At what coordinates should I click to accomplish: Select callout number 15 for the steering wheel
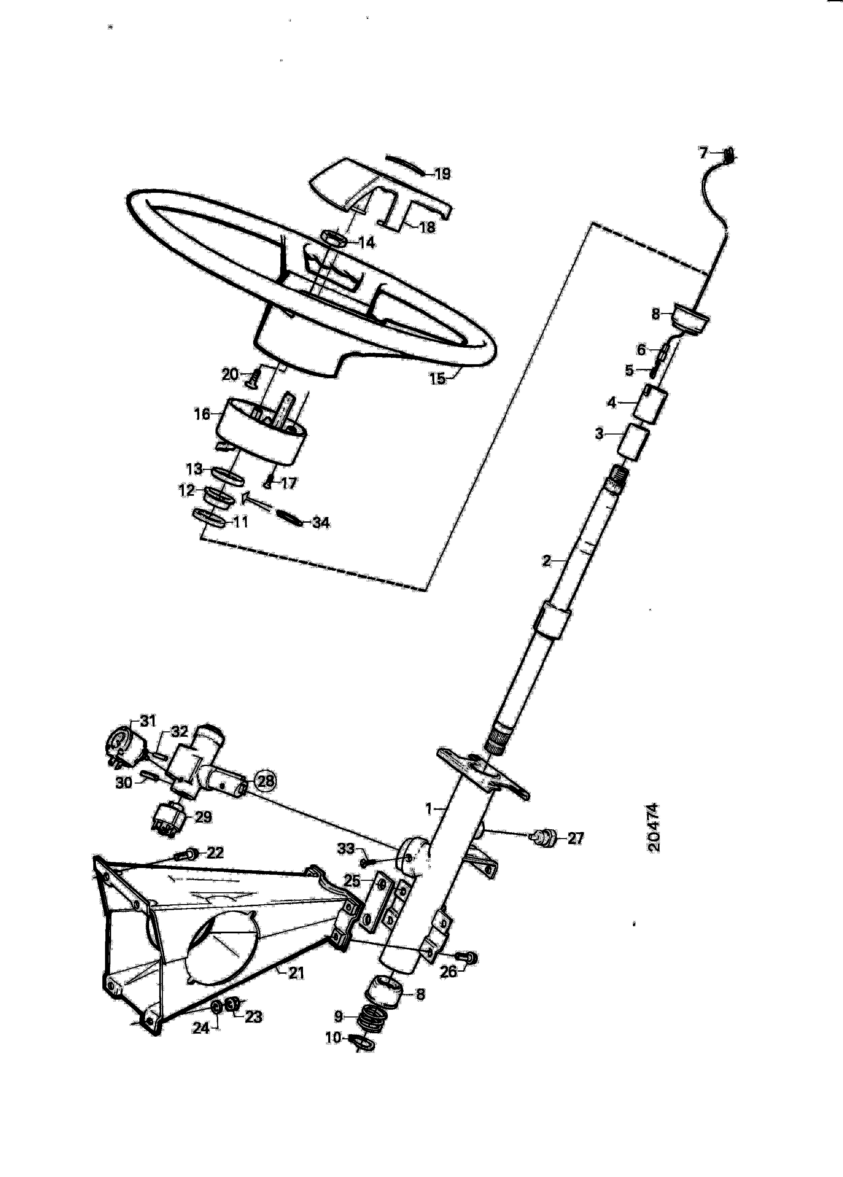point(437,379)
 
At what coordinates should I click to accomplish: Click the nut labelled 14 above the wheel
point(334,239)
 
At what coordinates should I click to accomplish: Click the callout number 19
point(442,174)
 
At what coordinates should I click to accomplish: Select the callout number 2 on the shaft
point(546,560)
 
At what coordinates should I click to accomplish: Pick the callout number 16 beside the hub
point(202,414)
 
